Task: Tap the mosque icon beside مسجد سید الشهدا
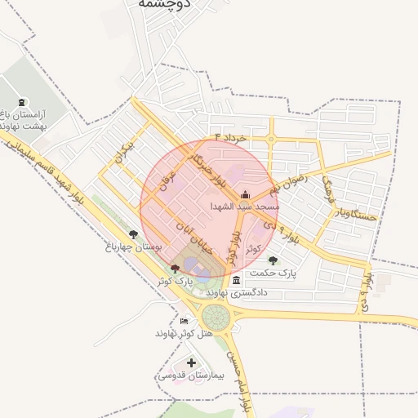point(246,194)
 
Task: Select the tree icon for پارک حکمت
point(273,261)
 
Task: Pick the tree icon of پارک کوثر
point(176,269)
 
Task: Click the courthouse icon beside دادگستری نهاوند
point(236,281)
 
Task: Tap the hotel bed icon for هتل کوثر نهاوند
point(184,321)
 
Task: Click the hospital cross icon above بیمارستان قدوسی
point(191,362)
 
